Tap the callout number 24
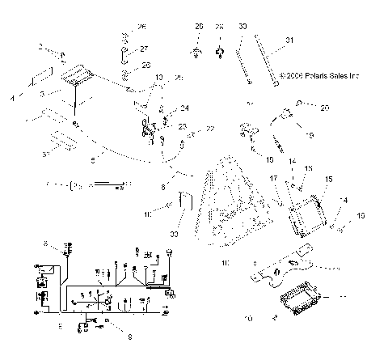[184, 108]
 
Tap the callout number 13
[158, 78]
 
